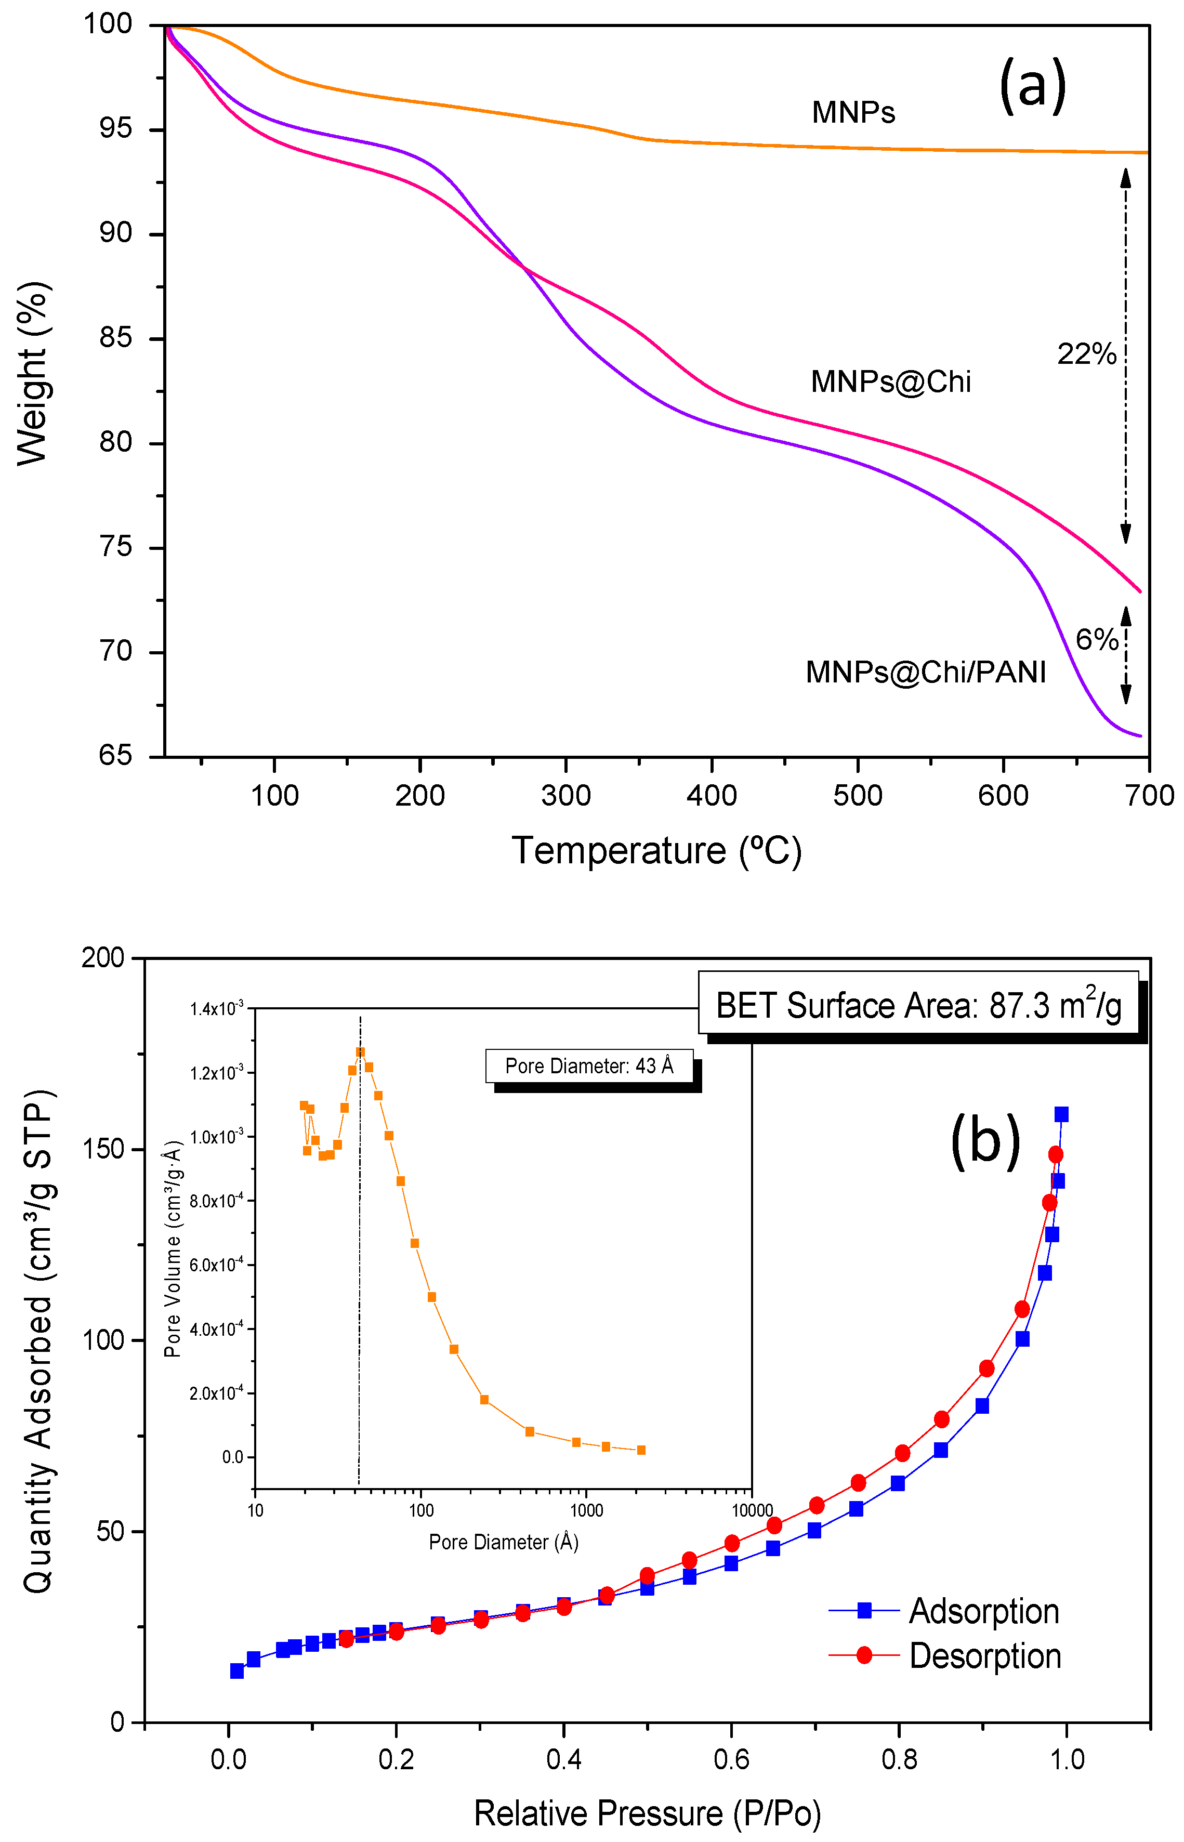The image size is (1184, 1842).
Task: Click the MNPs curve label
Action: pyautogui.click(x=853, y=113)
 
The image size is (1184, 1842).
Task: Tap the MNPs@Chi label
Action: pyautogui.click(x=890, y=382)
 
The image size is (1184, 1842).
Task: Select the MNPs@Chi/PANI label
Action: pyautogui.click(x=926, y=672)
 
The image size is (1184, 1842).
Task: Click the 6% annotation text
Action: pyautogui.click(x=1096, y=640)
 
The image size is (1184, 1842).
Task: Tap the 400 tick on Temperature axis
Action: pyautogui.click(x=711, y=795)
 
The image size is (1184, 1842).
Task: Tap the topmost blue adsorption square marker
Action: pyautogui.click(x=1061, y=1114)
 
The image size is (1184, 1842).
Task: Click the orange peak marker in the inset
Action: pyautogui.click(x=360, y=1051)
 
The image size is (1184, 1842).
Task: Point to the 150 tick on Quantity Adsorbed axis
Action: pyautogui.click(x=102, y=1149)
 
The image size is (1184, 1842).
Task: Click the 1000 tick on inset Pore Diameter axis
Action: pyautogui.click(x=586, y=1510)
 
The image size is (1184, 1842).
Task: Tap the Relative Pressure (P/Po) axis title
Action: pyautogui.click(x=648, y=1813)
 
